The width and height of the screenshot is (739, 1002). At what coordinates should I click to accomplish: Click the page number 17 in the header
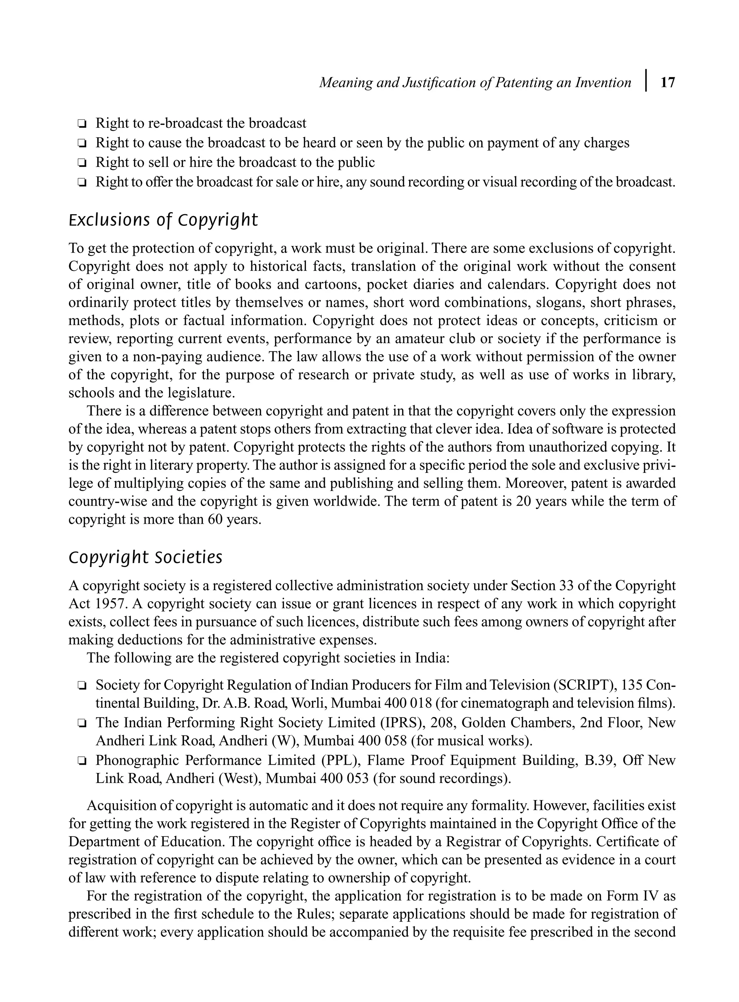coord(668,83)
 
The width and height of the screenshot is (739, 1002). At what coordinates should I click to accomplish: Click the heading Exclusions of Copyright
coord(163,220)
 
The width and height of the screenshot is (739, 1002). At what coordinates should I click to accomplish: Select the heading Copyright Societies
coord(145,557)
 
